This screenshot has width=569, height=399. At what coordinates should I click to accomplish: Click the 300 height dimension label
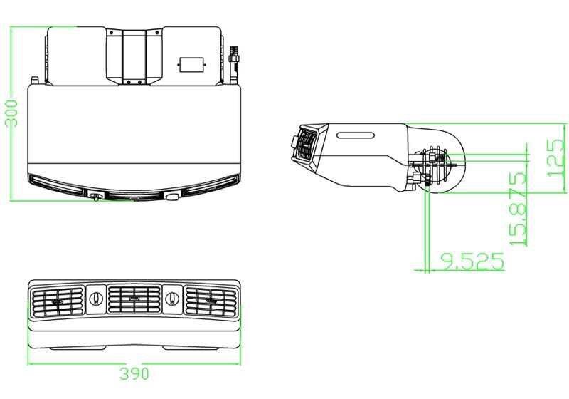[11, 113]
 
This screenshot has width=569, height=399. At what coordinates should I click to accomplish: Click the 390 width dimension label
[134, 373]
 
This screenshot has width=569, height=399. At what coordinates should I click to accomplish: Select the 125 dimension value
[555, 157]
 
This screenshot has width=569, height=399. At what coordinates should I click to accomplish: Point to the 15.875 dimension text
[518, 209]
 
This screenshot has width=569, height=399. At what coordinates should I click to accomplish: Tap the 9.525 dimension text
[472, 261]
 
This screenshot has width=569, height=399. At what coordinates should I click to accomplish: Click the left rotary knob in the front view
[96, 299]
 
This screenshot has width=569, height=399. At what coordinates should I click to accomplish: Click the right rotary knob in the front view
[172, 299]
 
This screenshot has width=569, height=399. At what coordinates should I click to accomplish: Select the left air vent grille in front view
[58, 301]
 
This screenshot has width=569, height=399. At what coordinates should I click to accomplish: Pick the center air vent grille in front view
[134, 299]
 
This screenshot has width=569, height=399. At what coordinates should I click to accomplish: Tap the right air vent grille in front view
[211, 301]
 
